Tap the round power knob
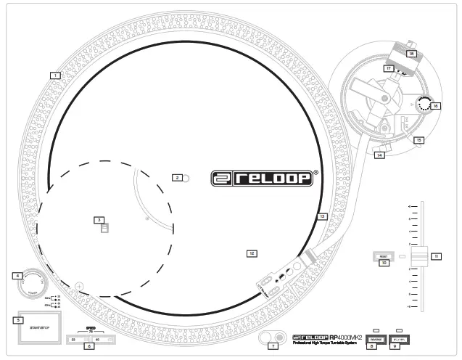(33, 280)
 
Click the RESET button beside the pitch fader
(384, 256)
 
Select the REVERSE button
(376, 339)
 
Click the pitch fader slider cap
(419, 255)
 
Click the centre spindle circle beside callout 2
(186, 177)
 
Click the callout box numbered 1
(54, 74)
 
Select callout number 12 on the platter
(252, 254)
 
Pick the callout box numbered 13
(322, 216)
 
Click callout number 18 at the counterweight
(411, 54)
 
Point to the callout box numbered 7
(273, 346)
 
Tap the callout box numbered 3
(99, 220)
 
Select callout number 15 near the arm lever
(418, 139)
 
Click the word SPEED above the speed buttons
(91, 328)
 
